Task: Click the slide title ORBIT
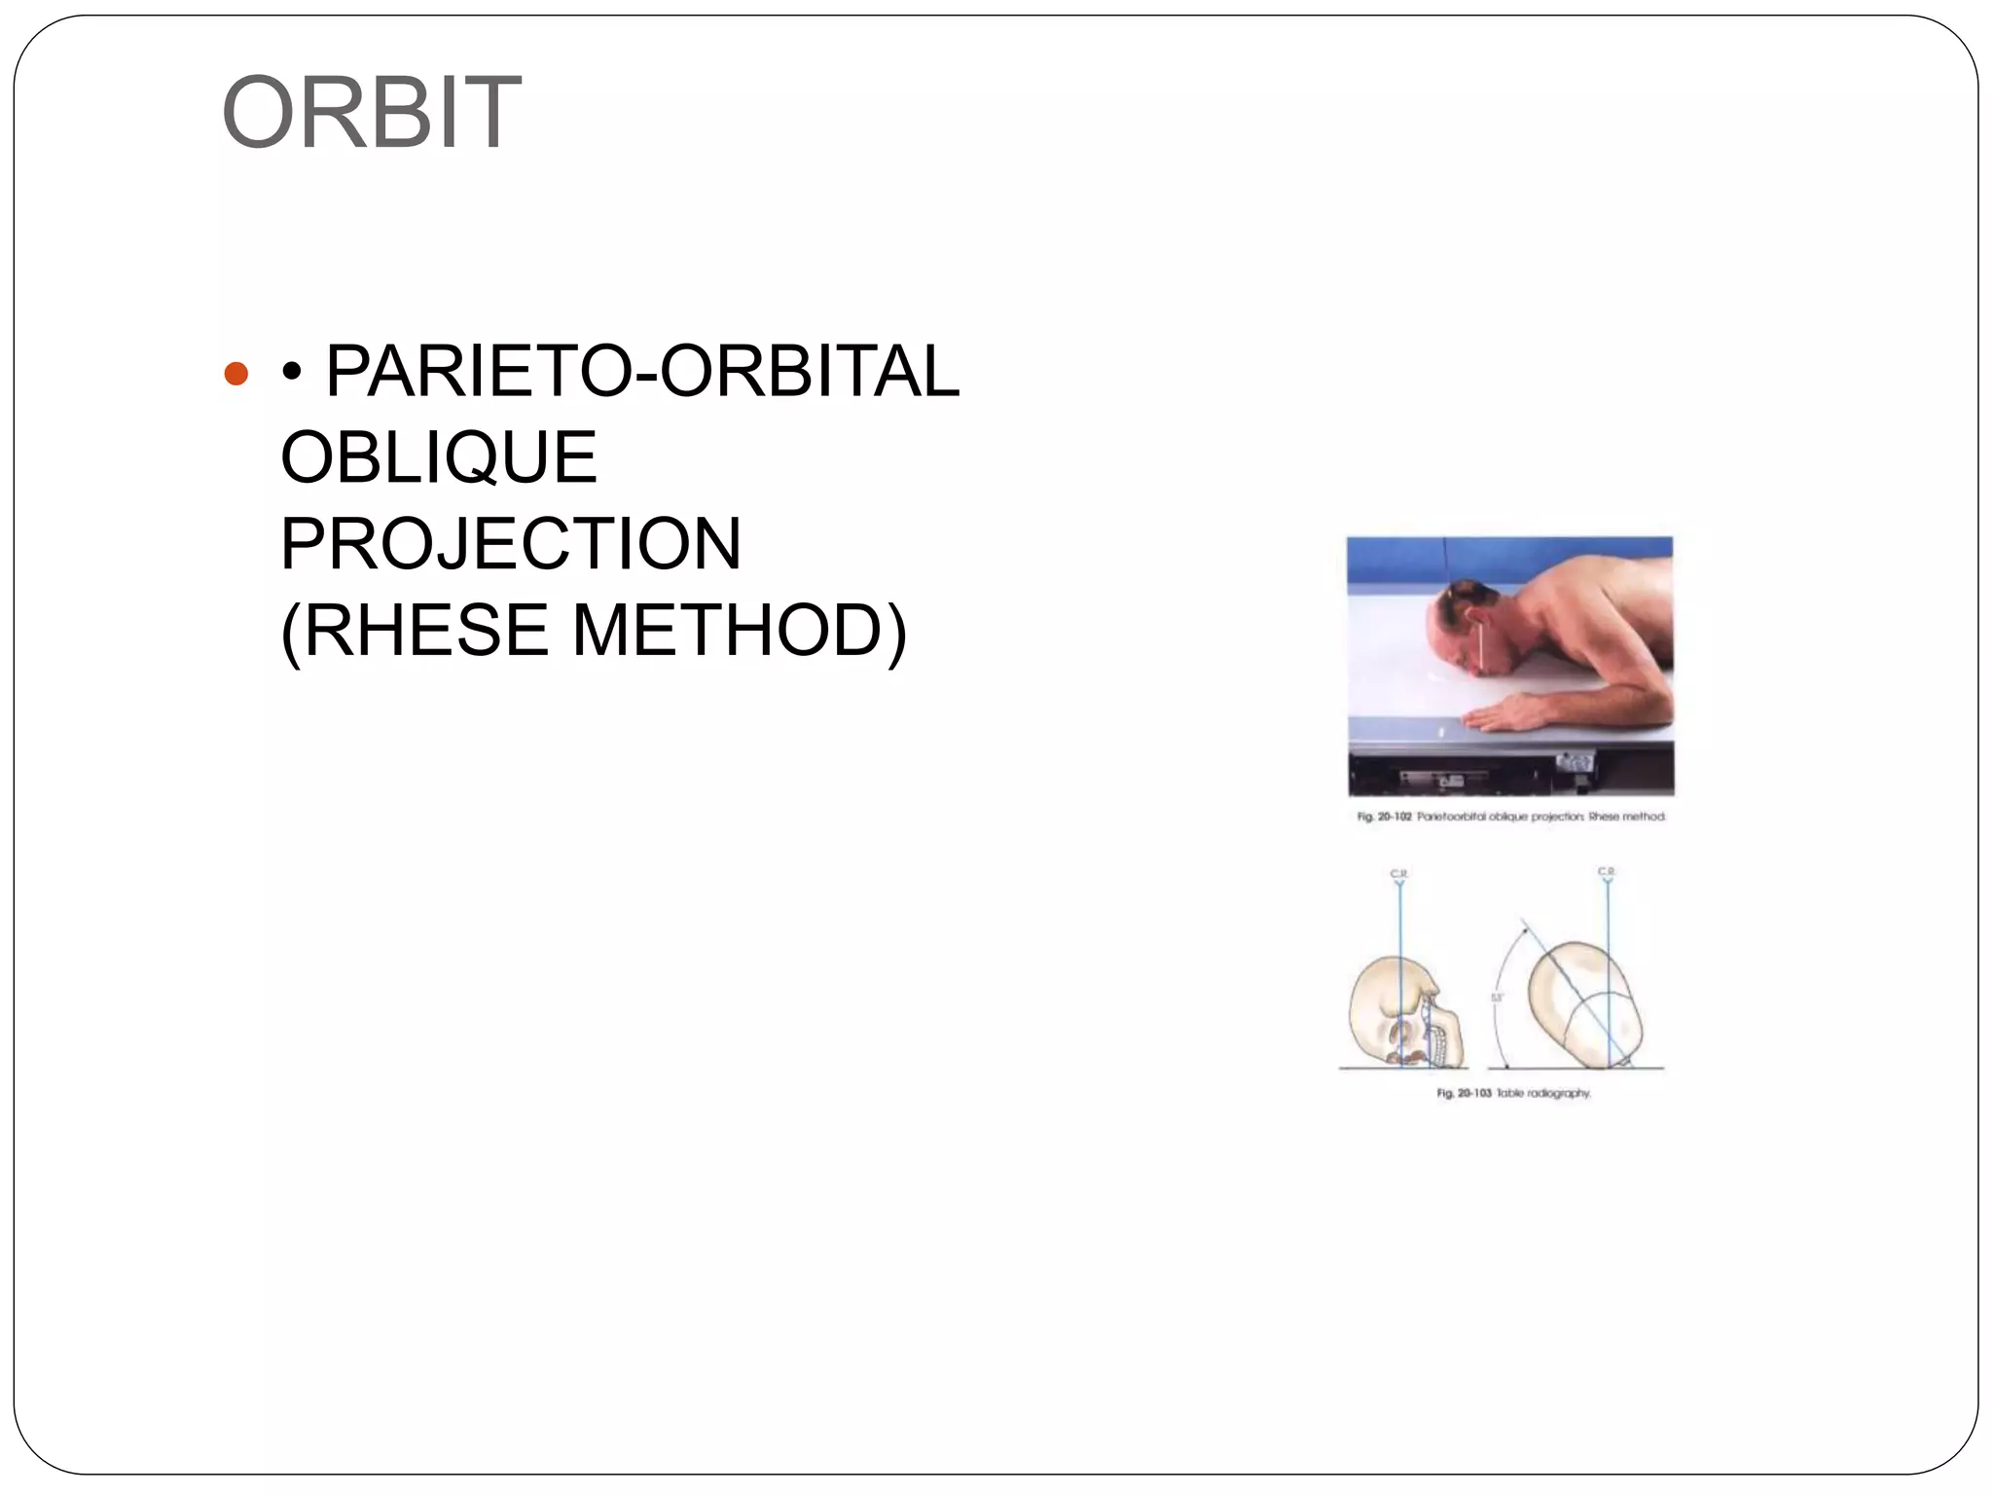[371, 113]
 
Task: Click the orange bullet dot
[236, 374]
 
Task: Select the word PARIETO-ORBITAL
[642, 372]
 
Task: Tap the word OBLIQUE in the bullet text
[438, 457]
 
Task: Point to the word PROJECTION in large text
[510, 543]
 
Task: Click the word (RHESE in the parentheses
[414, 630]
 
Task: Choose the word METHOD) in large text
[740, 630]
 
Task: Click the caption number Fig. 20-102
[1384, 817]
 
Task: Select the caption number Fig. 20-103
[1464, 1093]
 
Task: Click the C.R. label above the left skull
[1398, 874]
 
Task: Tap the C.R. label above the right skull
[1606, 870]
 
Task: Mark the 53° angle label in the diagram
[1498, 998]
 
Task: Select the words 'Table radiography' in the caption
[1543, 1093]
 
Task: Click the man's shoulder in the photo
[1596, 603]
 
